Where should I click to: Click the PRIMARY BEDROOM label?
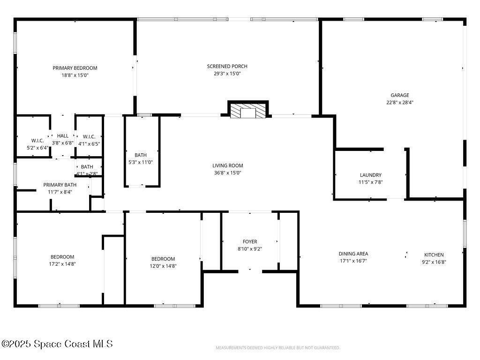pos(75,68)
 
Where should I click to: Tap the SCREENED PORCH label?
pos(227,66)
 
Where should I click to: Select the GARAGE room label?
pos(400,95)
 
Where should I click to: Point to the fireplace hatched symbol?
pos(248,111)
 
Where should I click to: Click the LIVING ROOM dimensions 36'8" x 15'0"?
pos(228,172)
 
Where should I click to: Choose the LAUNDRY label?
pos(371,175)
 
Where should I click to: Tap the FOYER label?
pos(250,241)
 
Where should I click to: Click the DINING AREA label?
pos(353,254)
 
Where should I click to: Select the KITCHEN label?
pos(434,255)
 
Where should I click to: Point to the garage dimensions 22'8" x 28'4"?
pos(400,103)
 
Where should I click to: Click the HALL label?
pos(63,136)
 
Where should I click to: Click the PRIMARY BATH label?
pos(60,185)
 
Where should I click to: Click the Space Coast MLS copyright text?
pos(57,344)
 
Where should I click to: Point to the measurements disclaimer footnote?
pos(278,348)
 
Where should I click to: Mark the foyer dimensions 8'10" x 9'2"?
pos(250,249)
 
